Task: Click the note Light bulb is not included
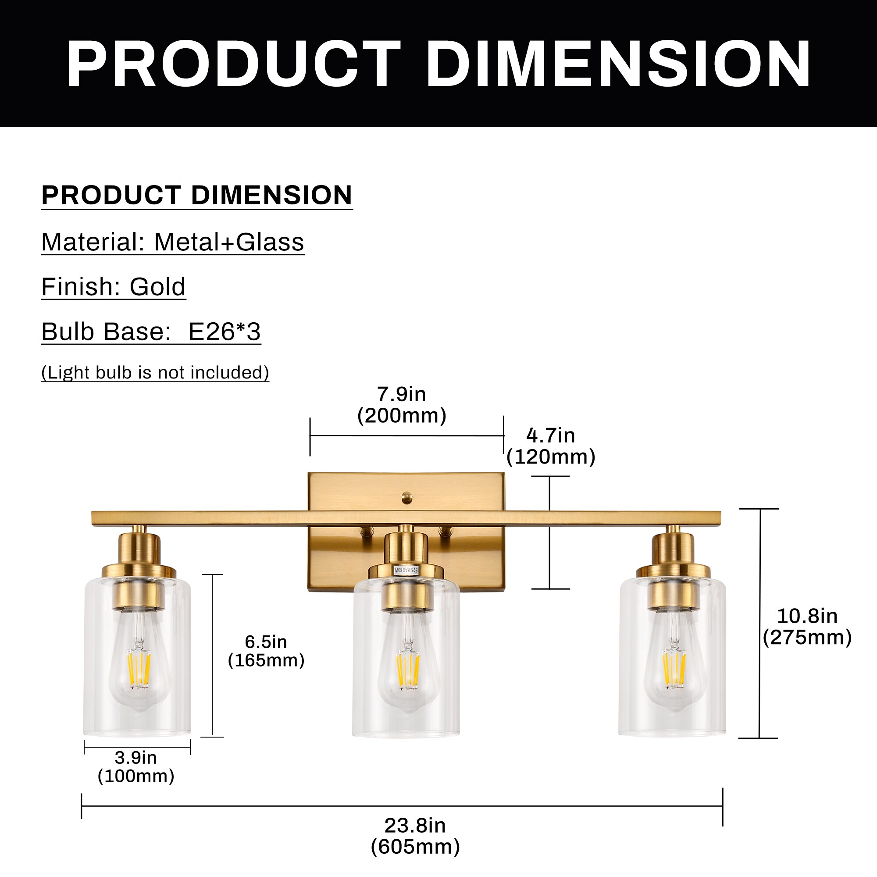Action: point(155,372)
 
